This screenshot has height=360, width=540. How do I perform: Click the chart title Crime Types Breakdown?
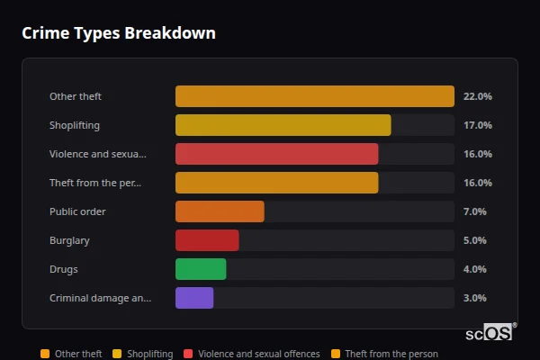click(x=119, y=33)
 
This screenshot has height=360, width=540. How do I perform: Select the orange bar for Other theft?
click(x=314, y=96)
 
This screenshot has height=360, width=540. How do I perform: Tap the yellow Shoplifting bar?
click(x=283, y=125)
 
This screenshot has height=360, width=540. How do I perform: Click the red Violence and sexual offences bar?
click(x=276, y=154)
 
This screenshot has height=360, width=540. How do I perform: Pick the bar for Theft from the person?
click(x=276, y=183)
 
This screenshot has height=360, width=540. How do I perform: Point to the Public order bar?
click(x=220, y=211)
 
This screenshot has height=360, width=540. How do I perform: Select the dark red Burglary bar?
click(x=207, y=240)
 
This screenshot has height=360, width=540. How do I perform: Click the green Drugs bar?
click(x=201, y=269)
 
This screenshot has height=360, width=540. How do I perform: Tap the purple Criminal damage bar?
click(x=194, y=298)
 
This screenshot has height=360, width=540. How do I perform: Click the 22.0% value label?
click(x=477, y=96)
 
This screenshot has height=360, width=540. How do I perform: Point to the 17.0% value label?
click(x=477, y=125)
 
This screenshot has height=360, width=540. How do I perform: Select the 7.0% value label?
click(x=474, y=211)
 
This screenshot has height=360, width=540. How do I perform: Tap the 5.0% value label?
click(x=474, y=240)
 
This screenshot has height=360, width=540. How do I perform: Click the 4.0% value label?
click(x=474, y=269)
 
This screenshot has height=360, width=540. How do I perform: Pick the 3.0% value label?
click(x=474, y=298)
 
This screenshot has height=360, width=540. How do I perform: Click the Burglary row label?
click(x=69, y=240)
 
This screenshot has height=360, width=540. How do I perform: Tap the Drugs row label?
click(x=63, y=269)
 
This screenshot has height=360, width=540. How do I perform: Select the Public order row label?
click(x=77, y=211)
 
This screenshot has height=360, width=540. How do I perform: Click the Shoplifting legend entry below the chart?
click(x=144, y=354)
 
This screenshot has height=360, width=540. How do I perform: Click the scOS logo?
click(x=490, y=332)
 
